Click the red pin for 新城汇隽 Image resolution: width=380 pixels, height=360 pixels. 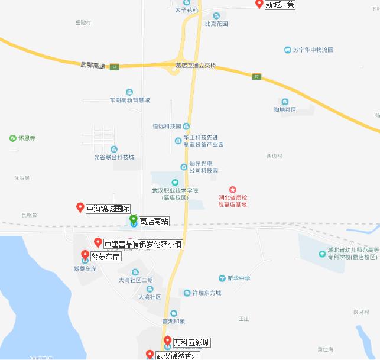(x=259, y=4)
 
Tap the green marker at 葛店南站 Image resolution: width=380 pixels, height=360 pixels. (x=134, y=220)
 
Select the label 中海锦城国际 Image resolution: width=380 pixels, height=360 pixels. (x=108, y=209)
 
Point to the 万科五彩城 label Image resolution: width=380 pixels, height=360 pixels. (x=191, y=342)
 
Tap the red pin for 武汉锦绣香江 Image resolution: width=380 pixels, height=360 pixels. (x=150, y=354)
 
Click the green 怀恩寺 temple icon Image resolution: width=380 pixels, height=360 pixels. (x=13, y=138)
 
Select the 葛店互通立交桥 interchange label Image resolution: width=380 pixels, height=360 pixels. (x=196, y=65)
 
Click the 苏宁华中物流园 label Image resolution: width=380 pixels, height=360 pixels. (x=313, y=50)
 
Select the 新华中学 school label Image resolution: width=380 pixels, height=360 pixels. (x=239, y=278)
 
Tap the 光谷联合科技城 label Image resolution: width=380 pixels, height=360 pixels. (x=114, y=157)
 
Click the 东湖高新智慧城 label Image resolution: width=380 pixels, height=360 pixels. (x=129, y=100)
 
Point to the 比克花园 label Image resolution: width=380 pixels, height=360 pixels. (x=216, y=24)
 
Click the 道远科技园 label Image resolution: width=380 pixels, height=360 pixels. (x=167, y=126)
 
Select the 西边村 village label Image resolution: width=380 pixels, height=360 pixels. (x=275, y=156)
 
